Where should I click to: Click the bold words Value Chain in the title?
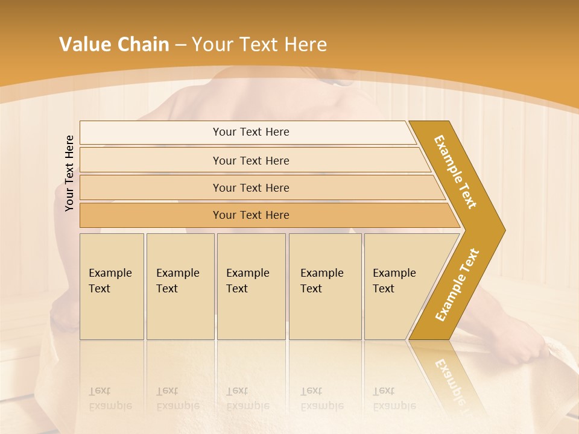(114, 45)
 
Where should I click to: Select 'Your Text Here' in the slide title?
(259, 45)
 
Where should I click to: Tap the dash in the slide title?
(180, 45)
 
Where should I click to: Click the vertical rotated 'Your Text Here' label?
(69, 173)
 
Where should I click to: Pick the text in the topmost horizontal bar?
(251, 132)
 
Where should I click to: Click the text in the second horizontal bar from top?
(251, 160)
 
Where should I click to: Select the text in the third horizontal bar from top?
(251, 187)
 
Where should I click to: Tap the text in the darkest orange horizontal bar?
(251, 215)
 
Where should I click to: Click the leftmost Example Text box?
(112, 286)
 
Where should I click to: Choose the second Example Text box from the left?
(180, 286)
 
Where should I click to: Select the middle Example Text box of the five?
(251, 286)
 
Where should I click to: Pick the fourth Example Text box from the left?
(324, 286)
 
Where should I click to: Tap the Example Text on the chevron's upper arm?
(455, 172)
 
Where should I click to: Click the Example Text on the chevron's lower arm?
(457, 285)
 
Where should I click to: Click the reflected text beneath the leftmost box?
(110, 398)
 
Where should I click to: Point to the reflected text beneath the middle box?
(247, 398)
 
